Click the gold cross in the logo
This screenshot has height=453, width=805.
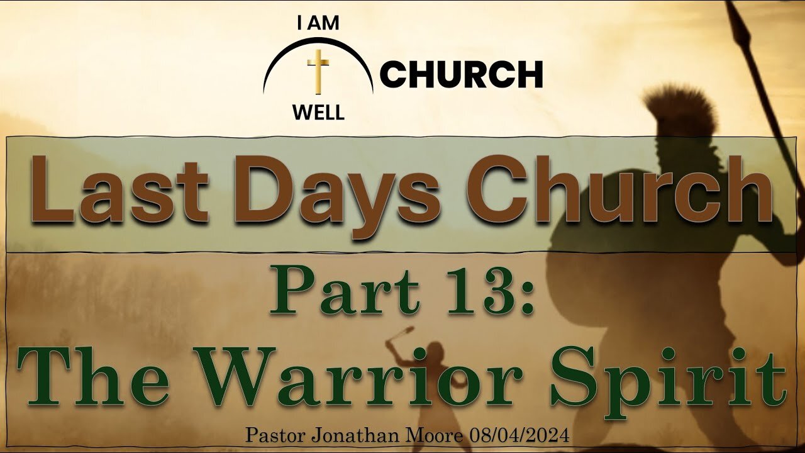click(318, 72)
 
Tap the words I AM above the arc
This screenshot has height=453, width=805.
click(318, 24)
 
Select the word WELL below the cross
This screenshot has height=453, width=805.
click(318, 113)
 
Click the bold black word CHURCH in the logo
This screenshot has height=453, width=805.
click(462, 74)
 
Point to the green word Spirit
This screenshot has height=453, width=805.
click(669, 381)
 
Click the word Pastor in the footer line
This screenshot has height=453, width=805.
click(276, 436)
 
